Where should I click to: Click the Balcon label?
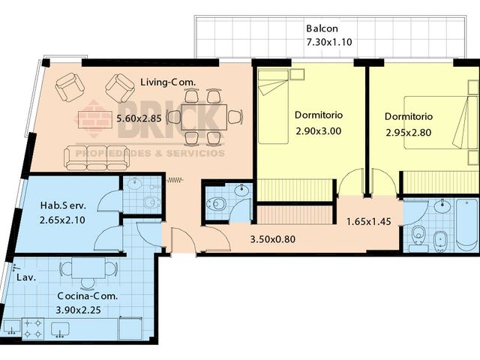(x=322, y=28)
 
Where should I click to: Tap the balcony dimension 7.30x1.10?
(x=329, y=42)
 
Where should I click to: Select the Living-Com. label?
(x=168, y=82)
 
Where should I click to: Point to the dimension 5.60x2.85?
(x=139, y=118)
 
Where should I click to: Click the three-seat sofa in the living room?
(x=97, y=158)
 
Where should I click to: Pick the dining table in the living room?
(x=204, y=118)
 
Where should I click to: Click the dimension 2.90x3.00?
(x=319, y=131)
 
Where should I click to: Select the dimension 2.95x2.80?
(x=409, y=133)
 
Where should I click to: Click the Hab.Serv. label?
(x=63, y=205)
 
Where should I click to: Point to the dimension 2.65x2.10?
(x=62, y=220)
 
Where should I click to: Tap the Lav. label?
(x=26, y=278)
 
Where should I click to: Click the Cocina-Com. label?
(x=88, y=296)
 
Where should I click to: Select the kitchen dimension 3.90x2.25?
(x=78, y=310)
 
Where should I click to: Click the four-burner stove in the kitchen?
(x=33, y=328)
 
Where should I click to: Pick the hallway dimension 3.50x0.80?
(x=273, y=239)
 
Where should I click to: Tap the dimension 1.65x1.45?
(x=369, y=221)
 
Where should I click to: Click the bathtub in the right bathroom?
(x=466, y=225)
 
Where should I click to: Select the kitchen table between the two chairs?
(x=88, y=268)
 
